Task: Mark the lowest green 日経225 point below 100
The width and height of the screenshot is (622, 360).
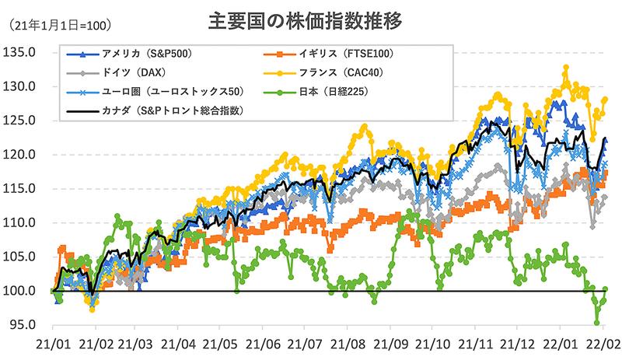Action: [x=597, y=322]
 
